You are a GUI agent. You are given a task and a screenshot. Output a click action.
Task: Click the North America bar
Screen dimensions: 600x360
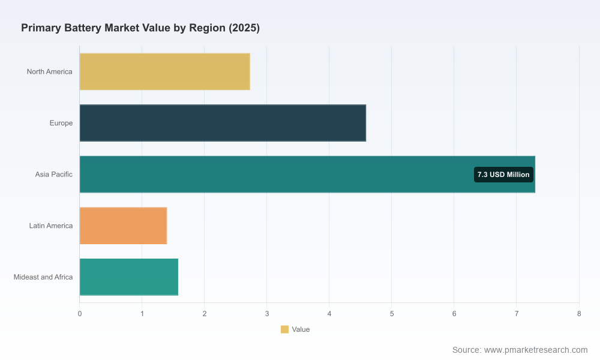click(164, 71)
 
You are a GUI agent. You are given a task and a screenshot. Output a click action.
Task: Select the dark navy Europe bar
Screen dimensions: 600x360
click(223, 123)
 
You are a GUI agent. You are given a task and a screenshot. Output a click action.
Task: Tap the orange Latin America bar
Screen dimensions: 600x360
click(123, 226)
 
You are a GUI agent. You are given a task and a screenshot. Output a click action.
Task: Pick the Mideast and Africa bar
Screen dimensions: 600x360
click(129, 277)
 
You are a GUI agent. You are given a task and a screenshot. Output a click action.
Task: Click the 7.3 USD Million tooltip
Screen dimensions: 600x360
click(503, 175)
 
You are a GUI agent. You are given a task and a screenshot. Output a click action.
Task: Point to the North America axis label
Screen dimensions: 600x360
click(49, 71)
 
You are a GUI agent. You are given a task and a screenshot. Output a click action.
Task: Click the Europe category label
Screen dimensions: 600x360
click(61, 123)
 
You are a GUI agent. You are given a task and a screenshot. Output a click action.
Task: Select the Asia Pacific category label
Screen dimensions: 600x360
click(53, 175)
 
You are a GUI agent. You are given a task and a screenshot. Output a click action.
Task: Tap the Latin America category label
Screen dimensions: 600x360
click(51, 226)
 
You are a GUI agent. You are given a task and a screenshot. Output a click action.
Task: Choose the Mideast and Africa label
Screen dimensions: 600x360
click(43, 277)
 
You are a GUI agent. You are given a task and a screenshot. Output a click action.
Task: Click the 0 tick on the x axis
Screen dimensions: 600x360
click(80, 314)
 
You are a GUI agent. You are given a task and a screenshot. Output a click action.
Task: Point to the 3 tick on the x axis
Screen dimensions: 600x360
click(267, 314)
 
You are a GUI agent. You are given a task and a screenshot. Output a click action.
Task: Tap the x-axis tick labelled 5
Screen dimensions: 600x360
click(391, 314)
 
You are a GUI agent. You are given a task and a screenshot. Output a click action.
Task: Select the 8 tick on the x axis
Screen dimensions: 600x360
click(579, 314)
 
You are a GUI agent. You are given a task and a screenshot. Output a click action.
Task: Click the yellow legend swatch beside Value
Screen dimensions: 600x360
click(284, 329)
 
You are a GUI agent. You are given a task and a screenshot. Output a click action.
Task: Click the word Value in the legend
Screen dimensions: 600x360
click(301, 329)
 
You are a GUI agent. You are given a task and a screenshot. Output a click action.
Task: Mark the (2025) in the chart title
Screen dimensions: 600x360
click(244, 28)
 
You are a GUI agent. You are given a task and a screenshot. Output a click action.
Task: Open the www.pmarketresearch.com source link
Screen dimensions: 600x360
click(536, 350)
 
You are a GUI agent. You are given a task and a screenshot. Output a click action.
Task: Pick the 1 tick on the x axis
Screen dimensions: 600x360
click(142, 314)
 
